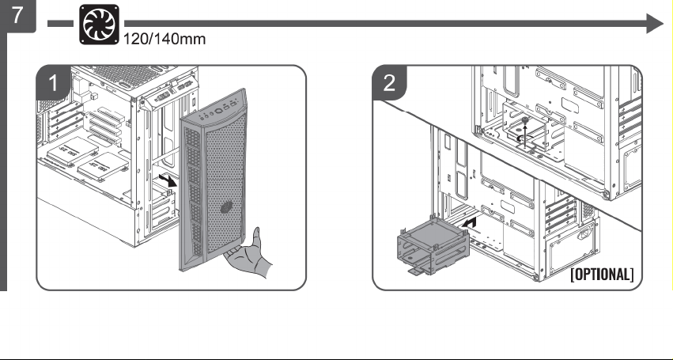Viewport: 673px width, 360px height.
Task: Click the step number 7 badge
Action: coord(18,16)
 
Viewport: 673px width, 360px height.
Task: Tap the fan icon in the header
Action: coord(99,25)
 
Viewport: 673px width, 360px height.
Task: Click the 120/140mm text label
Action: coord(164,39)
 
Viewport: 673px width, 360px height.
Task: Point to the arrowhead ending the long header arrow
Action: coord(655,23)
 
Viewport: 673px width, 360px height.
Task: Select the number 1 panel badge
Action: coord(53,83)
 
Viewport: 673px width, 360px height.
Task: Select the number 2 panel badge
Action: coord(389,83)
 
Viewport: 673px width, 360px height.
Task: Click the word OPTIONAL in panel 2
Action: coord(602,275)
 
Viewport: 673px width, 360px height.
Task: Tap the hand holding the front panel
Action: coord(249,253)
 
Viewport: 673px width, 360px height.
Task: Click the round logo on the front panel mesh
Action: coord(227,208)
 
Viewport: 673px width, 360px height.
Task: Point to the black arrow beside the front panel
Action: coord(168,180)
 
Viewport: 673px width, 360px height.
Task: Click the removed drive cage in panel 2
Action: coord(433,245)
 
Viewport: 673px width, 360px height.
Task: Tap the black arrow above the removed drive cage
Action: coord(470,222)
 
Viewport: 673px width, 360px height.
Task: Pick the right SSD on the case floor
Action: coord(103,166)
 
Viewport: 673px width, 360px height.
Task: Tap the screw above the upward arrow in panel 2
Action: coord(524,119)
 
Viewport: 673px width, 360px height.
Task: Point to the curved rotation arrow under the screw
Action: coord(524,138)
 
